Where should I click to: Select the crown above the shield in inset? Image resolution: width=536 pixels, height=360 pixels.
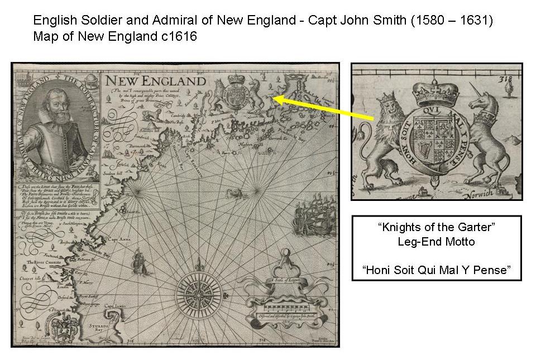click(x=431, y=87)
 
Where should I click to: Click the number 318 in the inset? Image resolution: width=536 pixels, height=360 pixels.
click(x=506, y=79)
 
